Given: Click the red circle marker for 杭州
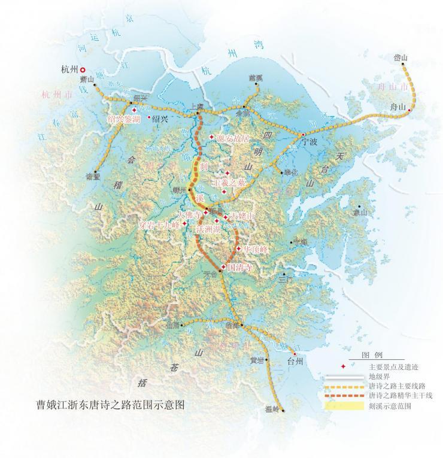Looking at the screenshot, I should pyautogui.click(x=84, y=69).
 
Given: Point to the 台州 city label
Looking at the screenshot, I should pyautogui.click(x=296, y=362).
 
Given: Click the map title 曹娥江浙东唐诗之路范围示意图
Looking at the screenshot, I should pyautogui.click(x=111, y=405).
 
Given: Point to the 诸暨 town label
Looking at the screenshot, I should pyautogui.click(x=93, y=177).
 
